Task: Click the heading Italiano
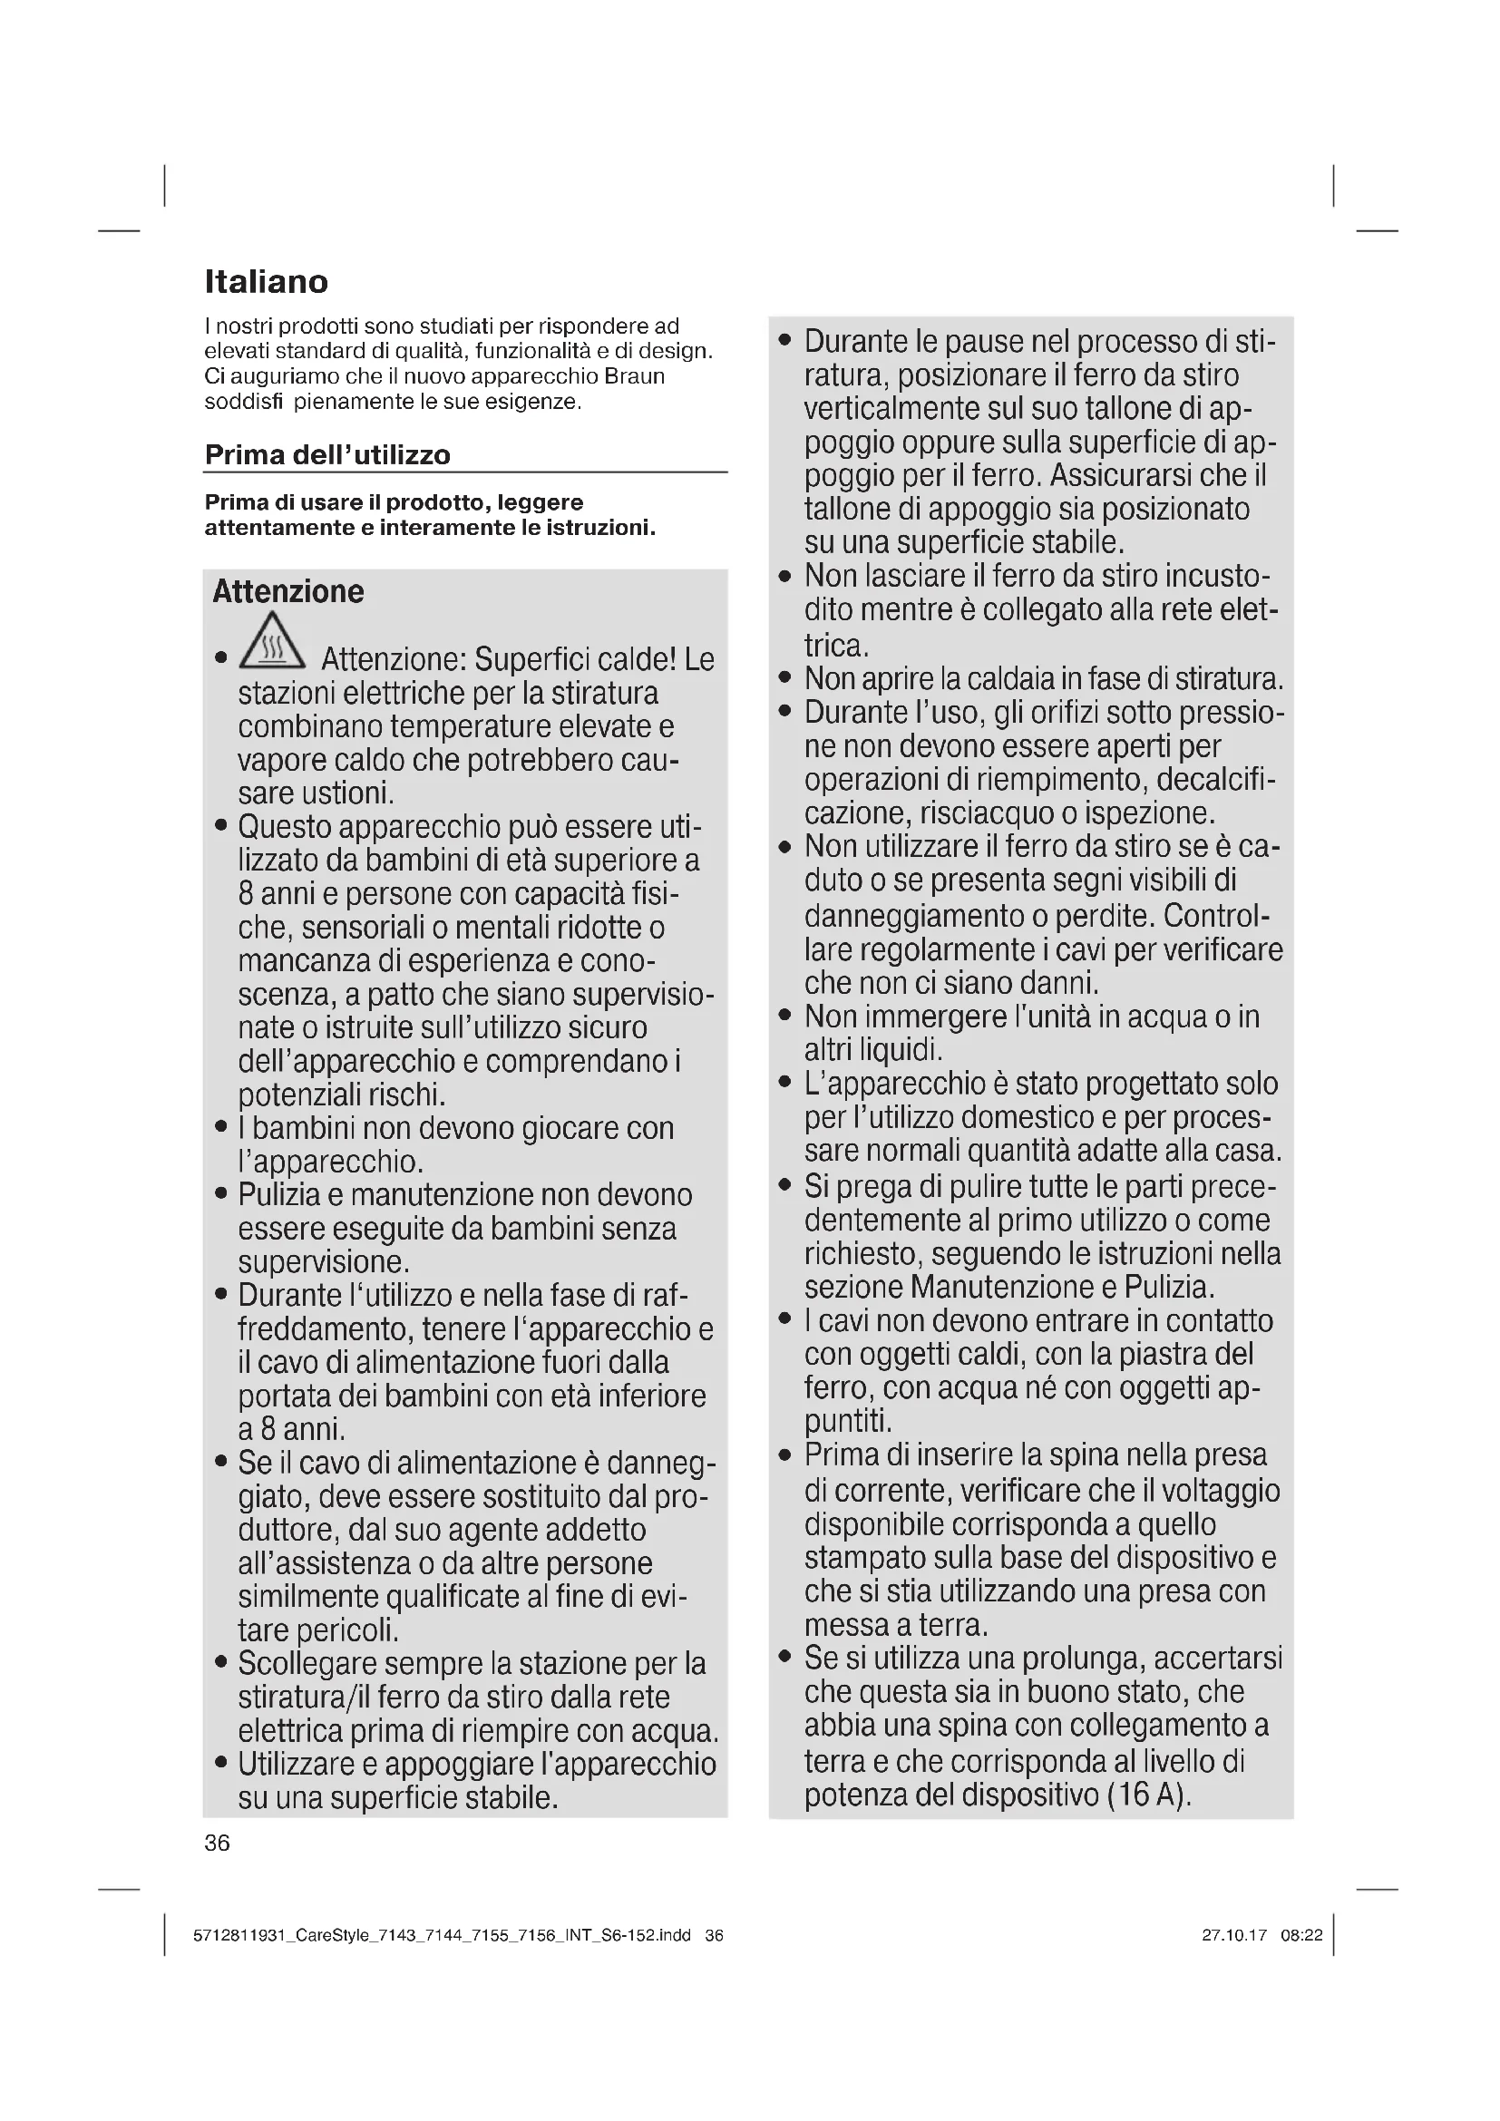[266, 282]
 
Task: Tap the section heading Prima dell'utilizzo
[327, 454]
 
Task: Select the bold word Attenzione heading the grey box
[288, 591]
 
